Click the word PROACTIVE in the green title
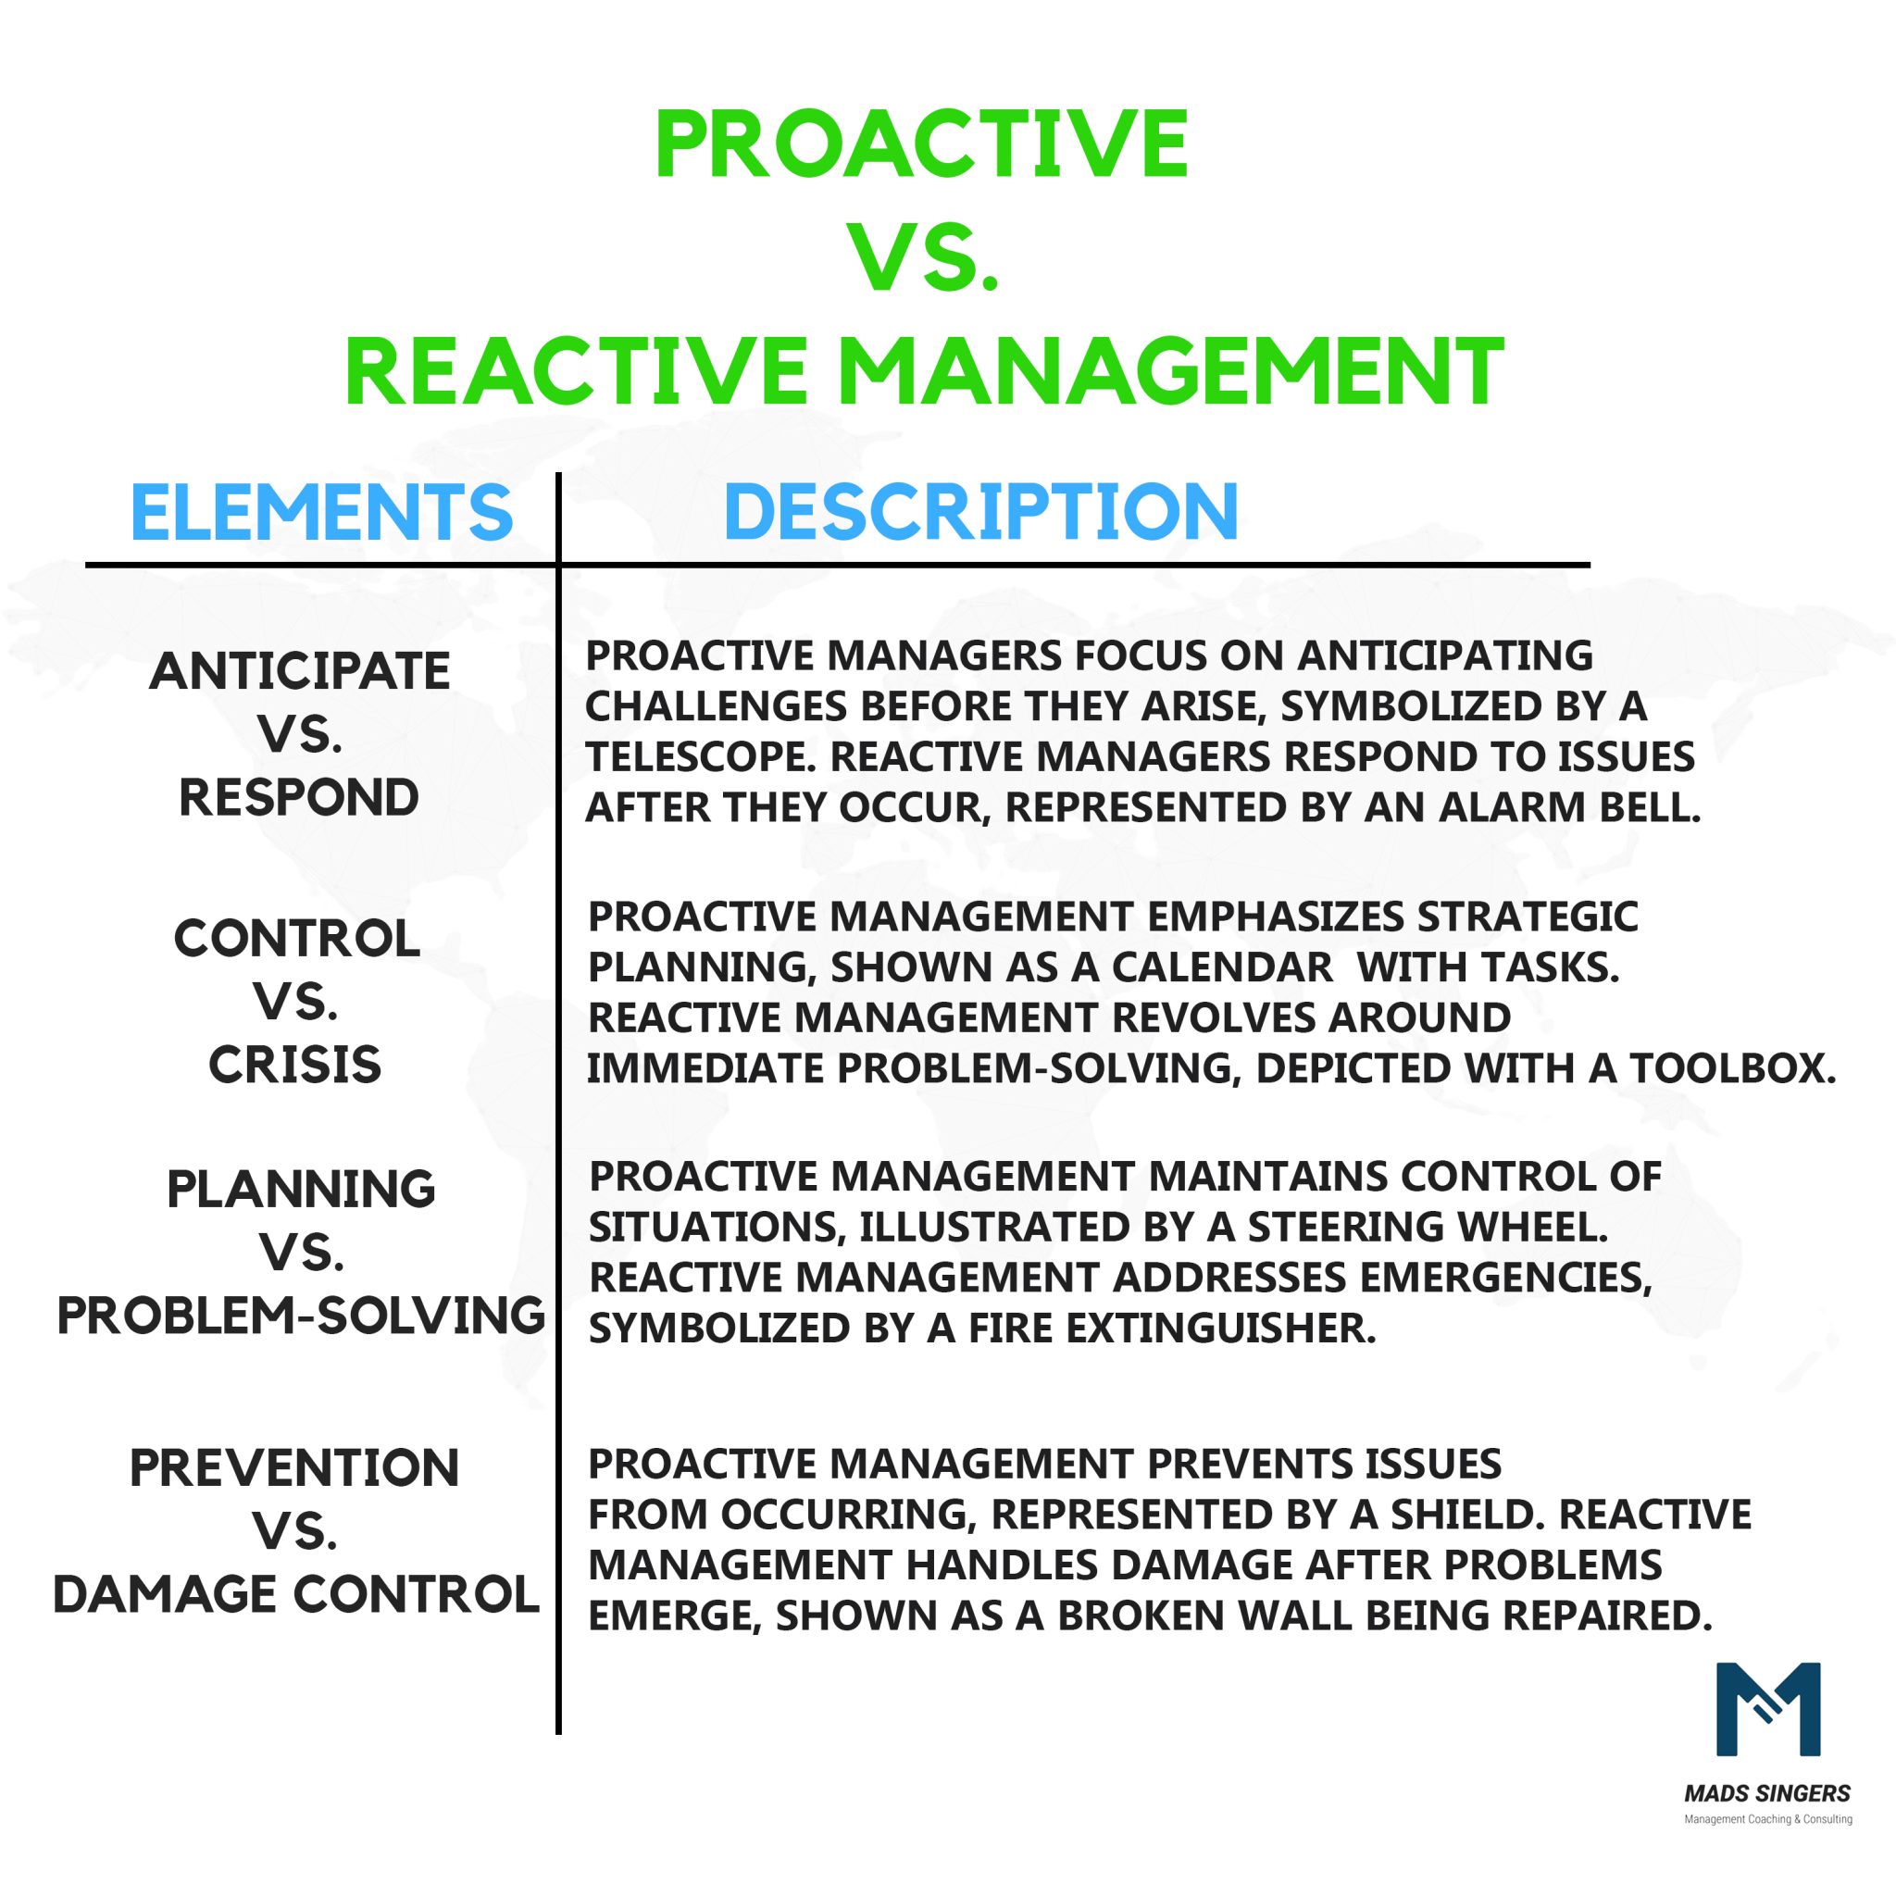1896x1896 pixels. [921, 144]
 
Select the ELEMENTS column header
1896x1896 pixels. [322, 512]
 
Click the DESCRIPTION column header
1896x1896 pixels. [980, 512]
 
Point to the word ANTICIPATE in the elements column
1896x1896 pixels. [299, 671]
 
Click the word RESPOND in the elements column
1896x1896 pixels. [299, 797]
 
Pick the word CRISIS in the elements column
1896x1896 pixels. [295, 1065]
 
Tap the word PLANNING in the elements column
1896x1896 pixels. [301, 1190]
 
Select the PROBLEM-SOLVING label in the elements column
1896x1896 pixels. [301, 1315]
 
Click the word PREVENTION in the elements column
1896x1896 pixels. [294, 1468]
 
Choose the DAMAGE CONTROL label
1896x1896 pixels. [296, 1594]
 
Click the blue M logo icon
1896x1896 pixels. [1767, 1710]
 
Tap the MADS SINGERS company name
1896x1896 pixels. [1766, 1794]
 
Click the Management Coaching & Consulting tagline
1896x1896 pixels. [1767, 1819]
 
